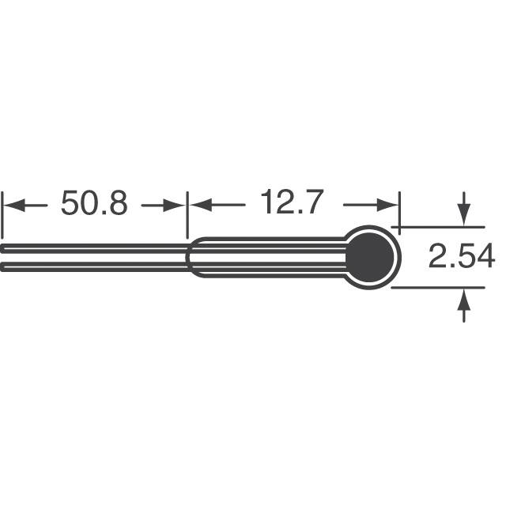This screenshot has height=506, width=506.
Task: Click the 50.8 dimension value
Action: click(94, 202)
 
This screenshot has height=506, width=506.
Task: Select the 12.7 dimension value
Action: click(291, 202)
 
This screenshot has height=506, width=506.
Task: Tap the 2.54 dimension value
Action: click(462, 256)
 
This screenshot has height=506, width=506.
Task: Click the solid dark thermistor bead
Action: click(370, 257)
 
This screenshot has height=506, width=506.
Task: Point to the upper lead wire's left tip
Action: click(2, 248)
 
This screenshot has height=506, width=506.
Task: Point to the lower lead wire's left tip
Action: click(2, 267)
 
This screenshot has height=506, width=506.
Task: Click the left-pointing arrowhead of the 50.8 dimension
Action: click(14, 206)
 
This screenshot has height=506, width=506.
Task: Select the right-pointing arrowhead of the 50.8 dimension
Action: click(174, 206)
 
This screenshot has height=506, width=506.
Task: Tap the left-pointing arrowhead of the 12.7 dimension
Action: click(201, 206)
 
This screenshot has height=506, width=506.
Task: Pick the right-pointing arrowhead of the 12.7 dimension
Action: click(387, 206)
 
